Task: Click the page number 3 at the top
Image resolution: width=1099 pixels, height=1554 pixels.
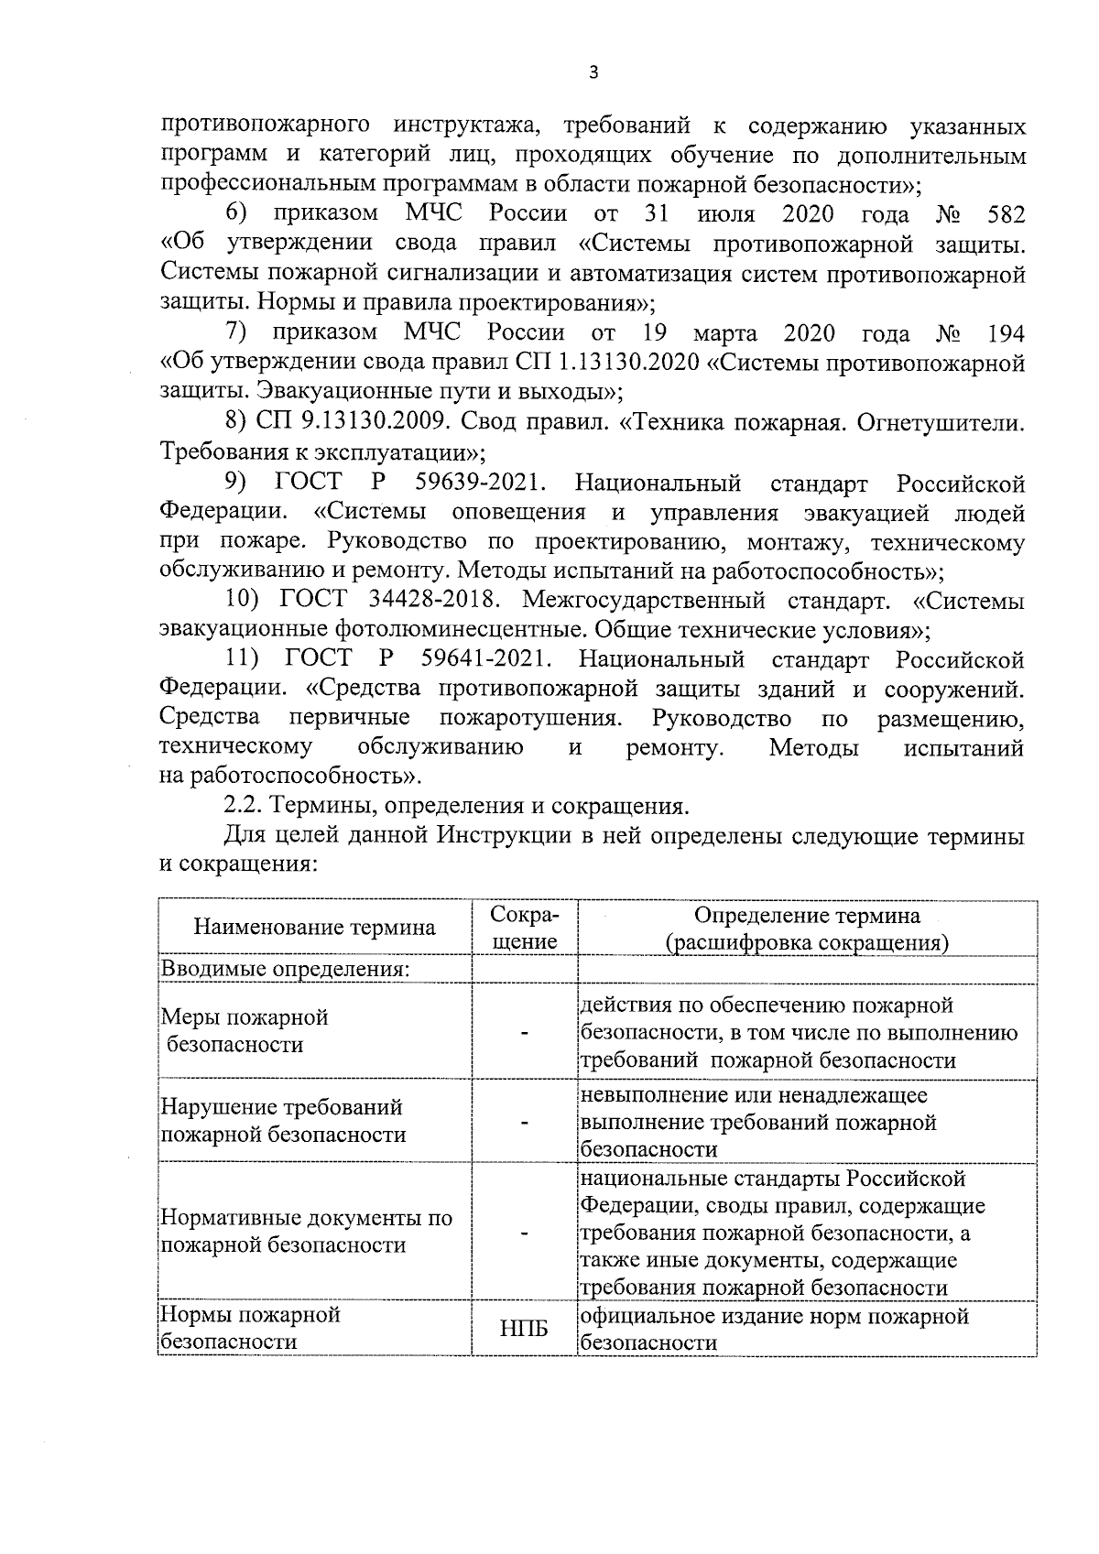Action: point(593,72)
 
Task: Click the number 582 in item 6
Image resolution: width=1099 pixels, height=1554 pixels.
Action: point(1000,214)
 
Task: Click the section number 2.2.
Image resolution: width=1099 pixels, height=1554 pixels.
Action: point(245,807)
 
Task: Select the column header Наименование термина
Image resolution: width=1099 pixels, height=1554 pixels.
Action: point(314,928)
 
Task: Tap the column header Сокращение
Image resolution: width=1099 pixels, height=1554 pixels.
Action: point(525,928)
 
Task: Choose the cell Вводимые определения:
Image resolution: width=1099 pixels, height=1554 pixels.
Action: point(286,969)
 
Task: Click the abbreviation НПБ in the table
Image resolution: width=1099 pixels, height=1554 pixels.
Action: point(524,1329)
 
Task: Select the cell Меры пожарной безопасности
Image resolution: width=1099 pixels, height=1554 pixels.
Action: point(245,1031)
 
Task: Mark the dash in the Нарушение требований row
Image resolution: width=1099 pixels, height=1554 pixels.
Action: point(525,1122)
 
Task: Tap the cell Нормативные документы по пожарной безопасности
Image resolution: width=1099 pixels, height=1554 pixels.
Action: point(307,1232)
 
